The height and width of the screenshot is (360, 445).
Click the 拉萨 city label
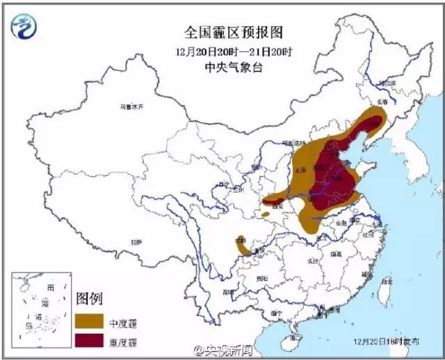tap(136, 242)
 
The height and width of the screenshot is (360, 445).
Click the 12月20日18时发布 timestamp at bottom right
tap(386, 341)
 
